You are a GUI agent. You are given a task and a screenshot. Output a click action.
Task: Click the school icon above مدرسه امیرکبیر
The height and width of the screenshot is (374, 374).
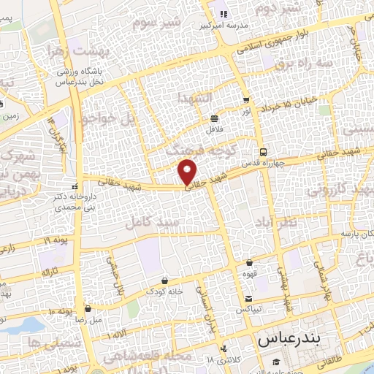click(224, 13)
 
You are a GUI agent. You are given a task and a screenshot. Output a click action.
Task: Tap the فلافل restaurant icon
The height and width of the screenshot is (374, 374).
click(214, 118)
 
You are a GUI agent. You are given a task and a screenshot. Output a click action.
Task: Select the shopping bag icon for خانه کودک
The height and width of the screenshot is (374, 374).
click(164, 280)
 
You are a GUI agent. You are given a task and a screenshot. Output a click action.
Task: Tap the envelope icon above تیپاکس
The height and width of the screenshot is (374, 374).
click(248, 298)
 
